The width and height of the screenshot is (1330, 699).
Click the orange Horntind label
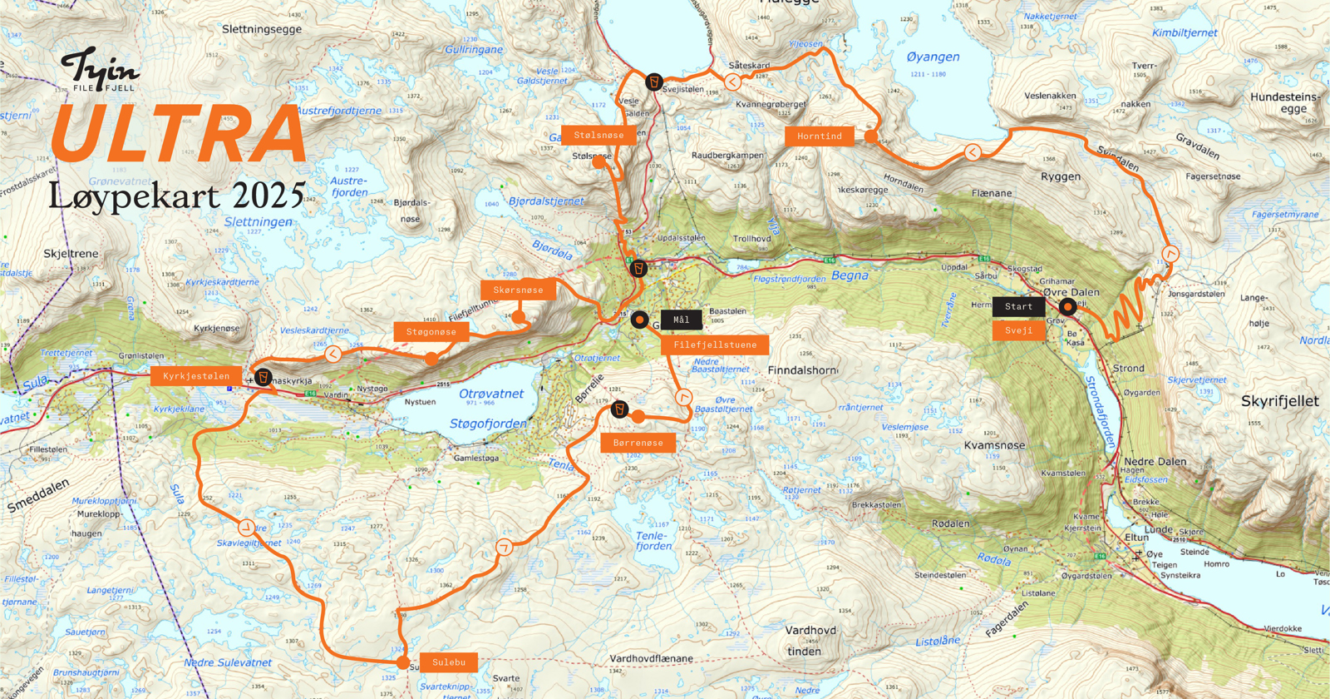tap(819, 136)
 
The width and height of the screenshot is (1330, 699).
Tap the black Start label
tap(1018, 306)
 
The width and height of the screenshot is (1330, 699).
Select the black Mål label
tap(681, 320)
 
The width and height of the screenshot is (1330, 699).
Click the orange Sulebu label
tap(448, 662)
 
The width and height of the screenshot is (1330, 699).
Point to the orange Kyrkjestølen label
tap(196, 376)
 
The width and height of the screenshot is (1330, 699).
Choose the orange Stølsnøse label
tap(598, 135)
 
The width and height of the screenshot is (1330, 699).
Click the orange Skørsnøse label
tap(518, 290)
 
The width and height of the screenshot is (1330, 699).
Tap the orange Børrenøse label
tap(638, 443)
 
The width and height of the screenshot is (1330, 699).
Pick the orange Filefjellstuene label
tap(715, 345)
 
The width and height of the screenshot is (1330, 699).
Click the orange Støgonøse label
tap(431, 332)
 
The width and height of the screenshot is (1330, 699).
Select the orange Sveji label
tap(1018, 330)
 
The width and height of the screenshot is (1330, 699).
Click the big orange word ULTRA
tap(179, 134)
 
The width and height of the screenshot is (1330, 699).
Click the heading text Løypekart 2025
tap(177, 196)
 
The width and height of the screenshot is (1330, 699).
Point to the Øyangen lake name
tap(933, 57)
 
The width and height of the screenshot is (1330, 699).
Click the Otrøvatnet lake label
tap(491, 394)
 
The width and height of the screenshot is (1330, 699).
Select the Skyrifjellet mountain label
tap(1279, 401)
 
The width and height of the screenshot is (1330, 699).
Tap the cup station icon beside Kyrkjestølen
tap(264, 378)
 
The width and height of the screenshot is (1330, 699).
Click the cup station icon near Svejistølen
tap(654, 82)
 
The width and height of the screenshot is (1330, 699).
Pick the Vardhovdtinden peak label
tap(810, 641)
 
